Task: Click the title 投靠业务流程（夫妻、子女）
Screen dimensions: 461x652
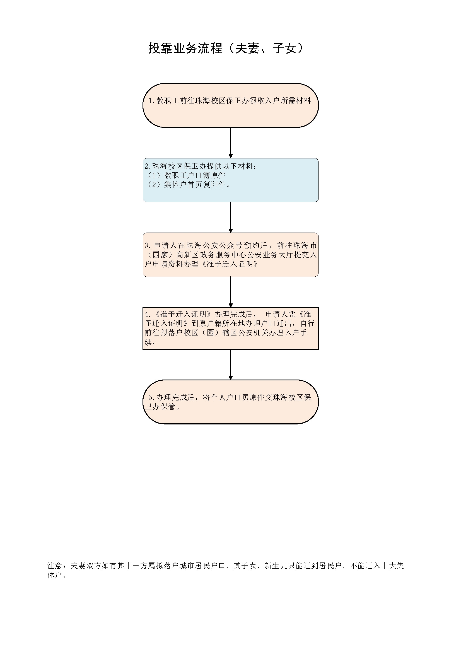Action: (x=226, y=48)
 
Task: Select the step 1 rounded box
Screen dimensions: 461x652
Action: (x=231, y=105)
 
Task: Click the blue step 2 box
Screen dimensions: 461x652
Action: (x=231, y=180)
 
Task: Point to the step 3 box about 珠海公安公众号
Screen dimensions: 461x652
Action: (x=231, y=255)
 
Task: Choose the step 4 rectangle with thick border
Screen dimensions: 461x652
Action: (x=231, y=328)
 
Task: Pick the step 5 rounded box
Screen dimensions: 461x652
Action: (x=231, y=402)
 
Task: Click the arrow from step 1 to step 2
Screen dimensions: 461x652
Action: (x=231, y=143)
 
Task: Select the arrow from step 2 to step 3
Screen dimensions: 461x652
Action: (x=231, y=218)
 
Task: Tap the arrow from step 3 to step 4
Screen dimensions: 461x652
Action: (x=231, y=292)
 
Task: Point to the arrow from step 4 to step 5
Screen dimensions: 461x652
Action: (x=231, y=364)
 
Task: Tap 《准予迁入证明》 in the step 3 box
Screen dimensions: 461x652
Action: (x=230, y=264)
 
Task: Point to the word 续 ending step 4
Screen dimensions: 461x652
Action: (x=148, y=342)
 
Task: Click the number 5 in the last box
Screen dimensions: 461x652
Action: (x=151, y=398)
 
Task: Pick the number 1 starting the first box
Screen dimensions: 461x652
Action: (x=151, y=101)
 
